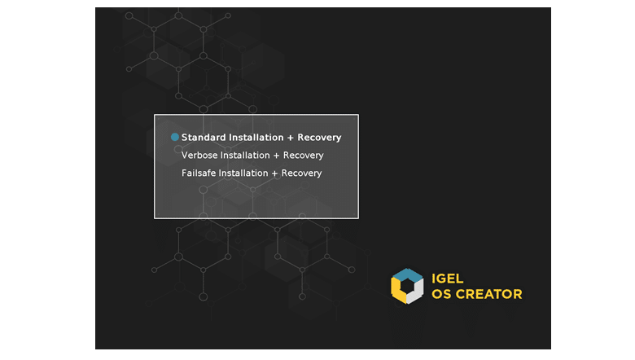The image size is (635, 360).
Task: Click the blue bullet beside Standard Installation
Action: pyautogui.click(x=175, y=138)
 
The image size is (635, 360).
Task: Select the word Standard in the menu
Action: pyautogui.click(x=204, y=138)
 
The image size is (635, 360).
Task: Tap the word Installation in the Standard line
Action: pyautogui.click(x=256, y=138)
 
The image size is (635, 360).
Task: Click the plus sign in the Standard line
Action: pyautogui.click(x=291, y=138)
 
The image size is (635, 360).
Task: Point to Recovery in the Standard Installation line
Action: pyautogui.click(x=319, y=138)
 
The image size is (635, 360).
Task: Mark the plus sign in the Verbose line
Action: pyautogui.click(x=276, y=156)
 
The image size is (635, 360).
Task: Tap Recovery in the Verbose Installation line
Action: pyautogui.click(x=304, y=156)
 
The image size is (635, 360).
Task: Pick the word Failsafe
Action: pyautogui.click(x=199, y=173)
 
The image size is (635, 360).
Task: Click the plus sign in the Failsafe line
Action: pyautogui.click(x=274, y=173)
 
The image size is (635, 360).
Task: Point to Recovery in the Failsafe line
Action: pyautogui.click(x=302, y=173)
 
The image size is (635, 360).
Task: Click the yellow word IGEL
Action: pyautogui.click(x=448, y=279)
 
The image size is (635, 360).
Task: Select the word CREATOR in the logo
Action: pyautogui.click(x=489, y=294)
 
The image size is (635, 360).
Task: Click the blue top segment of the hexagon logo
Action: pyautogui.click(x=408, y=274)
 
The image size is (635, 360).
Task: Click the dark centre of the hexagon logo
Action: pyautogui.click(x=407, y=286)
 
